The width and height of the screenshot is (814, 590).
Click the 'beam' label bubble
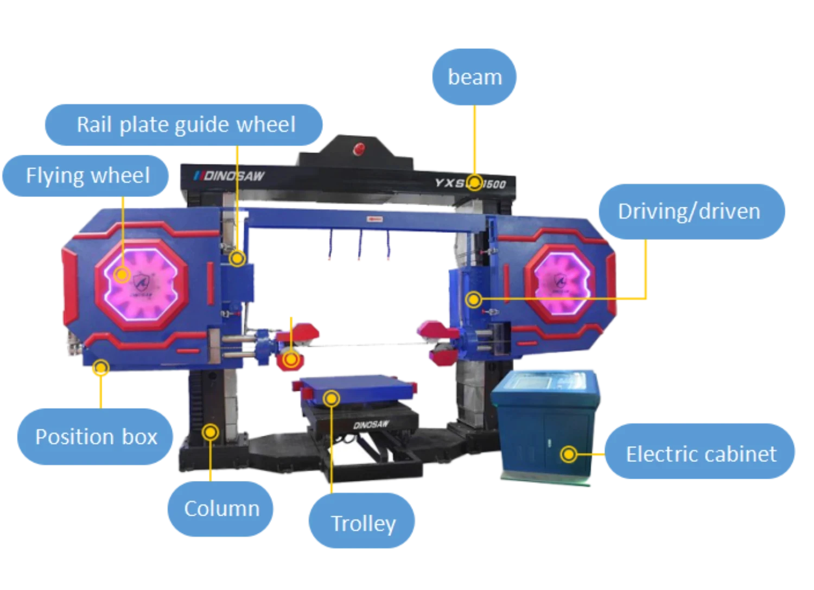[474, 77]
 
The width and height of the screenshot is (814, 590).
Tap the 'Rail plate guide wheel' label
[185, 125]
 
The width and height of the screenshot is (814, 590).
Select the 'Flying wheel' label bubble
[87, 176]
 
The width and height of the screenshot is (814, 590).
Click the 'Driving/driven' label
[689, 211]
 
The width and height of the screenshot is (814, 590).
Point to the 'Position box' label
[96, 436]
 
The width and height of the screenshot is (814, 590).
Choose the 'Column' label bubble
[221, 509]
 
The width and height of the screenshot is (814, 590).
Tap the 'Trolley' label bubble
[363, 523]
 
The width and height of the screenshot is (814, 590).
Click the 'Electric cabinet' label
[701, 454]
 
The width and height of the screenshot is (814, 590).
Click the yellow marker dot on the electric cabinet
[568, 454]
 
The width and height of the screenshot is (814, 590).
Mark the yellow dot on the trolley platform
[331, 399]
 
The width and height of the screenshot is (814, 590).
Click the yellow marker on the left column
[210, 433]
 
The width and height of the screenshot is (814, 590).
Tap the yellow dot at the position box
[100, 368]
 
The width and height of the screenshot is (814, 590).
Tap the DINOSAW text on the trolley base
[371, 423]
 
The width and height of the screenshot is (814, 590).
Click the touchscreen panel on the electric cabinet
[546, 380]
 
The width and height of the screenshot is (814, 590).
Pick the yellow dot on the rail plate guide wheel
[237, 258]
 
